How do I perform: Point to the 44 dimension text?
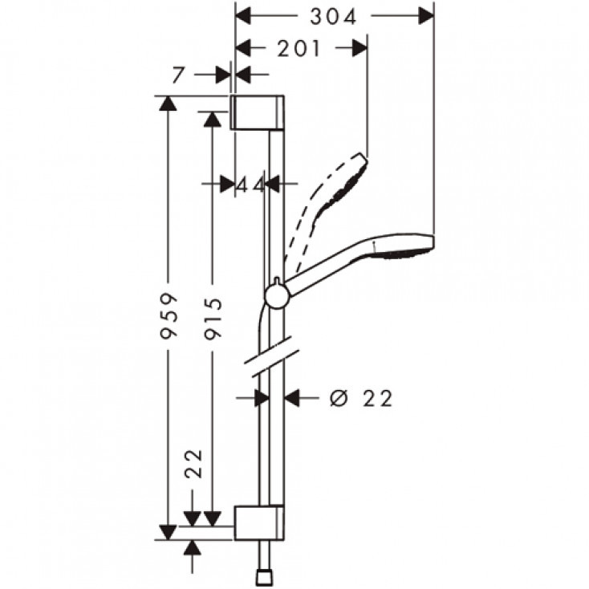(x=250, y=185)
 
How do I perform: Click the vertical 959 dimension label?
(x=169, y=317)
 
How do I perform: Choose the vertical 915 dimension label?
(x=213, y=317)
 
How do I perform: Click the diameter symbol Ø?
(x=337, y=398)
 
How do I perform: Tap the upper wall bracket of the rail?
(x=258, y=112)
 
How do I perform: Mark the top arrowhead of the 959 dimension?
(x=168, y=103)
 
